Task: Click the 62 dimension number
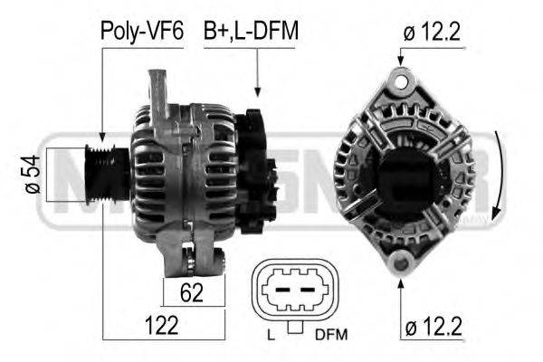click(x=192, y=291)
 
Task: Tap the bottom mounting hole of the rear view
click(x=399, y=262)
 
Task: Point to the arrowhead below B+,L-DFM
click(x=257, y=91)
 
